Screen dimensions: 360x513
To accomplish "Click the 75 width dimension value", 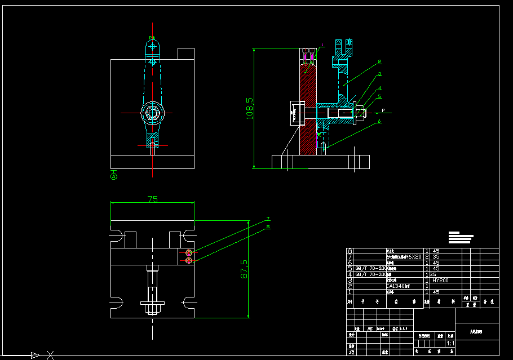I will (x=152, y=199).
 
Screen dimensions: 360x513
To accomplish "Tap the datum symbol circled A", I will (x=114, y=176).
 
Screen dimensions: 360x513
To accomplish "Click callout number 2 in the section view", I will (x=380, y=61).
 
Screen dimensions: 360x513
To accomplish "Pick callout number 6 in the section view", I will (x=380, y=121).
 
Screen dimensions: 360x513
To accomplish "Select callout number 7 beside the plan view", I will (x=268, y=219).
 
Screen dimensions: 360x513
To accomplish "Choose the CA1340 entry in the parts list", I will (x=398, y=286).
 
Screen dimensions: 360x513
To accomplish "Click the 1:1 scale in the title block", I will (x=450, y=343).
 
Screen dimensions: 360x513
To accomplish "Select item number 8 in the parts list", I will (x=350, y=251).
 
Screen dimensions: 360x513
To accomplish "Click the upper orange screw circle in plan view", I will (x=189, y=253).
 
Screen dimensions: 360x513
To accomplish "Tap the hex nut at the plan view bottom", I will (x=152, y=309).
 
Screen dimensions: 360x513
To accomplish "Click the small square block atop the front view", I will (x=186, y=54).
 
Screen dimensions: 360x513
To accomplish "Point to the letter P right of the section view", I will (x=383, y=110).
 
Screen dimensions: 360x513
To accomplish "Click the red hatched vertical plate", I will (x=308, y=113).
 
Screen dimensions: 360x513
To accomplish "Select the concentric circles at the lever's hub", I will (x=152, y=113).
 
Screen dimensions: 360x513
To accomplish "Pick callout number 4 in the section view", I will (x=380, y=88).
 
